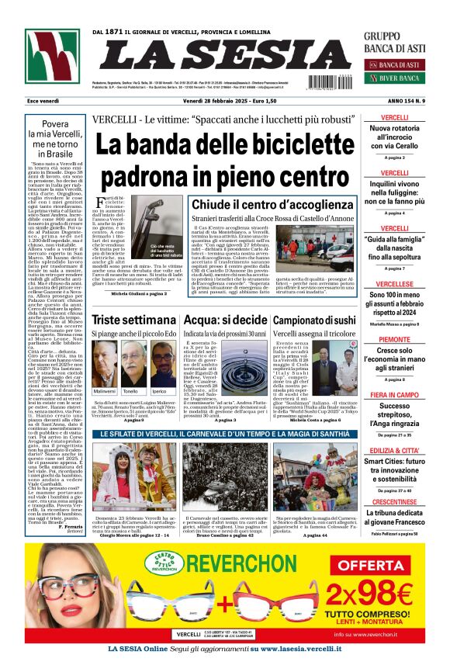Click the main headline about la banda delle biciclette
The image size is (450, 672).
225,147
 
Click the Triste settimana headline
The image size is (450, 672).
128,320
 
